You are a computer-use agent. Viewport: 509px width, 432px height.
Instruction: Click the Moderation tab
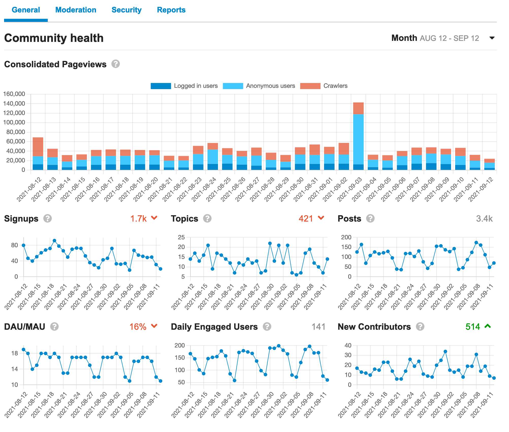76,10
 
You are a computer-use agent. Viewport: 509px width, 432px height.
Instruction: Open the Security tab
126,10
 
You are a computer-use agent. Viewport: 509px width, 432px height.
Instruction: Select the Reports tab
171,10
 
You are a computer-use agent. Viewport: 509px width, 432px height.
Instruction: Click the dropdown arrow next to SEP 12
492,38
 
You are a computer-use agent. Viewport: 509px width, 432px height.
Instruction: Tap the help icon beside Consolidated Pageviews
116,64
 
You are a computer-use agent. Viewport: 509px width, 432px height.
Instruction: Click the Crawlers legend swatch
310,86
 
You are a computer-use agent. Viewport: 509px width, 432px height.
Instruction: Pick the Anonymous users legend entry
270,86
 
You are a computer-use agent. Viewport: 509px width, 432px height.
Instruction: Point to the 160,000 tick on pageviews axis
14,94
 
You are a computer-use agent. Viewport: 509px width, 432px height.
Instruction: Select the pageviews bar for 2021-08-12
38,154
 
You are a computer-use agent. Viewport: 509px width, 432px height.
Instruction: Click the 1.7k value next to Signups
138,219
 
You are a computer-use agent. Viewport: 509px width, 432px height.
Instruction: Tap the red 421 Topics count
306,219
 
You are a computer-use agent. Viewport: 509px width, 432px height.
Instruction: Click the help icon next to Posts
370,219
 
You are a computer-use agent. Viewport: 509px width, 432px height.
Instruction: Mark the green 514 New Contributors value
473,327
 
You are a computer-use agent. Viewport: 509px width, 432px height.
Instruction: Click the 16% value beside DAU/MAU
138,327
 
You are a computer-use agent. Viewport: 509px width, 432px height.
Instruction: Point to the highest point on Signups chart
54,240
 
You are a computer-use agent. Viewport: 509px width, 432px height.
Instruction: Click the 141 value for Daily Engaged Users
319,327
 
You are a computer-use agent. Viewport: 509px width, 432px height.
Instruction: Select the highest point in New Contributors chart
445,352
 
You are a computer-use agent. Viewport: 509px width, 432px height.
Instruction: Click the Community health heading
54,38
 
